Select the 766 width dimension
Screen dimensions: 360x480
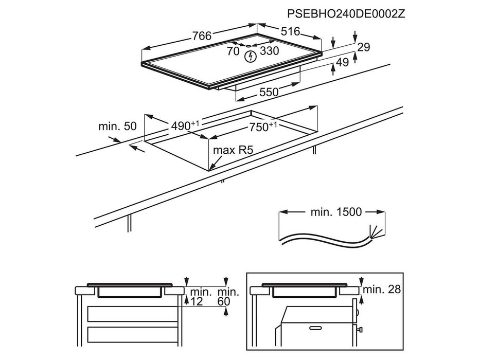click(x=202, y=36)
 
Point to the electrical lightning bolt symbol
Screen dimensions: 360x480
click(x=250, y=55)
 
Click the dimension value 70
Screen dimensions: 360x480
click(x=233, y=51)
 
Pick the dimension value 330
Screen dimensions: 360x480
click(x=269, y=51)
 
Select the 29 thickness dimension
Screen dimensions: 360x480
click(x=364, y=47)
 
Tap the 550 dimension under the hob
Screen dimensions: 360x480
click(x=269, y=93)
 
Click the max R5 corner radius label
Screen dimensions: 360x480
click(x=233, y=151)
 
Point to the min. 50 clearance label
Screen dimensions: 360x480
click(x=118, y=127)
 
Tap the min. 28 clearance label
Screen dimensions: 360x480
click(x=381, y=290)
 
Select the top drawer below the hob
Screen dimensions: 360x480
click(x=132, y=313)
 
